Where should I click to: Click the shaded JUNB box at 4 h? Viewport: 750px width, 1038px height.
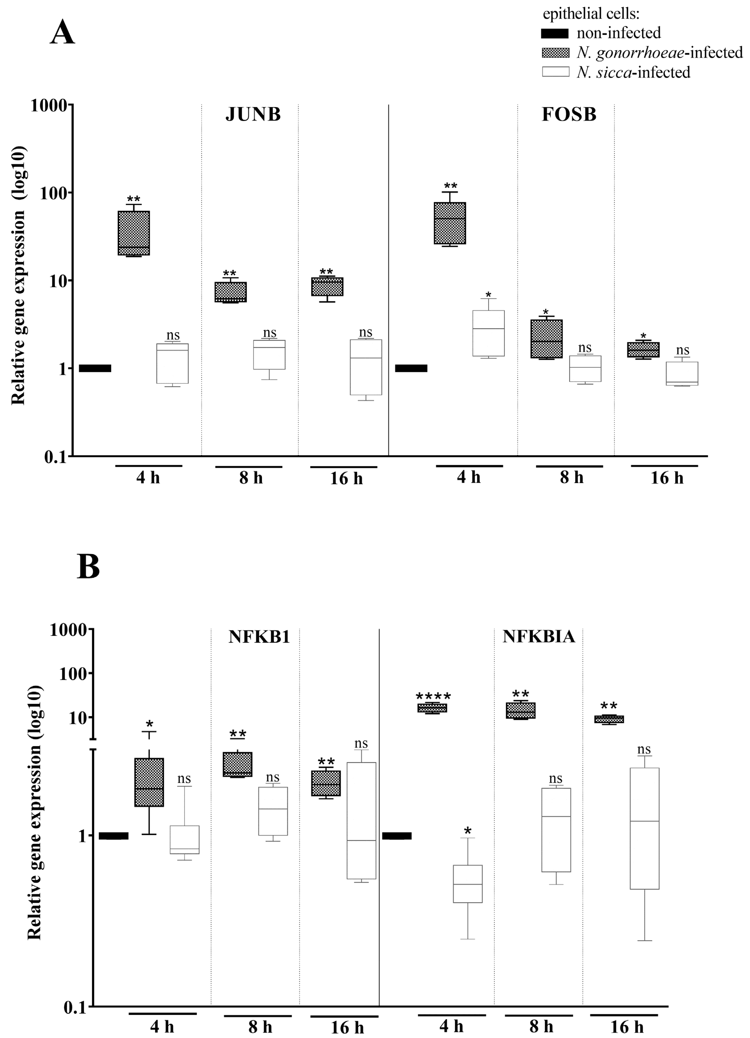click(134, 233)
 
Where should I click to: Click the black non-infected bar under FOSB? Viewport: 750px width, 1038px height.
click(411, 368)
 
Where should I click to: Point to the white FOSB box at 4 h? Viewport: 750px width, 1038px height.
click(489, 333)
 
